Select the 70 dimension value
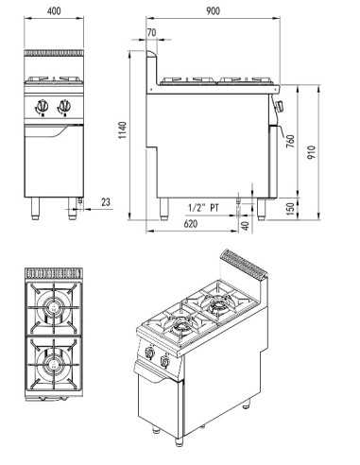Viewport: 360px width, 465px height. [153, 34]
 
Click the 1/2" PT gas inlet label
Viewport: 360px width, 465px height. [203, 207]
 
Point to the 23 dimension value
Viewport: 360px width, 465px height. [104, 201]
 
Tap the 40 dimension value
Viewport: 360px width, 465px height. [246, 225]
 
